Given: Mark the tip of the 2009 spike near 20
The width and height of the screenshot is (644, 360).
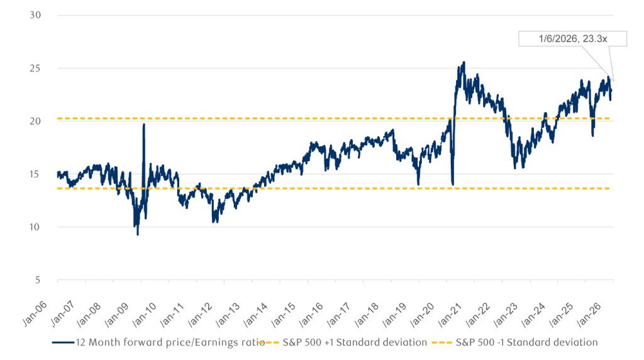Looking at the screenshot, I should [144, 125].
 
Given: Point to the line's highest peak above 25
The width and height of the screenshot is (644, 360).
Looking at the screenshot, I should [464, 62].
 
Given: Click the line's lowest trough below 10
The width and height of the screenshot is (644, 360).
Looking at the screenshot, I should [138, 234].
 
